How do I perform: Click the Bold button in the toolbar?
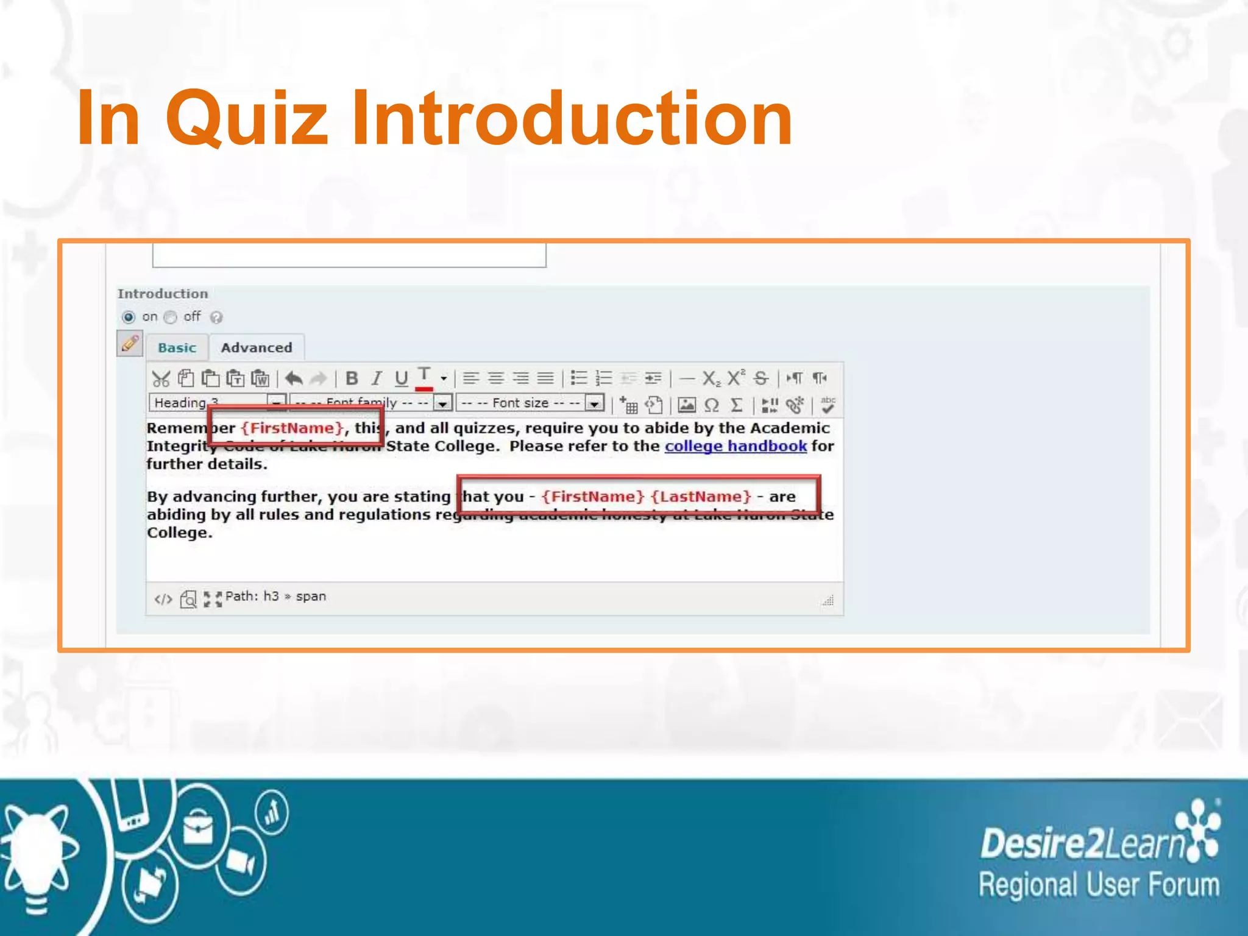[x=352, y=378]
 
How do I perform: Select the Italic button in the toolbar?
[x=377, y=378]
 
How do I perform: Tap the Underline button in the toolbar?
[x=401, y=378]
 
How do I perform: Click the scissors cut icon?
[x=161, y=378]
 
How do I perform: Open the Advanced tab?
[x=257, y=347]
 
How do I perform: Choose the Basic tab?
[x=177, y=347]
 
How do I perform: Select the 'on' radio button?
[x=129, y=317]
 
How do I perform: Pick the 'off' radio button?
[x=171, y=317]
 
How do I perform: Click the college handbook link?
[x=736, y=446]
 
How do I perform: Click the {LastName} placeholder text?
[x=701, y=497]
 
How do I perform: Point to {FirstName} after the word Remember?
[x=292, y=428]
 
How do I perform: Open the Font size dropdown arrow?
[x=594, y=403]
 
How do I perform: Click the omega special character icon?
[x=711, y=405]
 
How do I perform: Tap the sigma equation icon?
[x=736, y=405]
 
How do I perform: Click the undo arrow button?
[x=294, y=378]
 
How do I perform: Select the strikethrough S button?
[x=760, y=378]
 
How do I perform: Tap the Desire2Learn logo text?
[x=1082, y=844]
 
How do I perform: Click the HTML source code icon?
[x=163, y=599]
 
